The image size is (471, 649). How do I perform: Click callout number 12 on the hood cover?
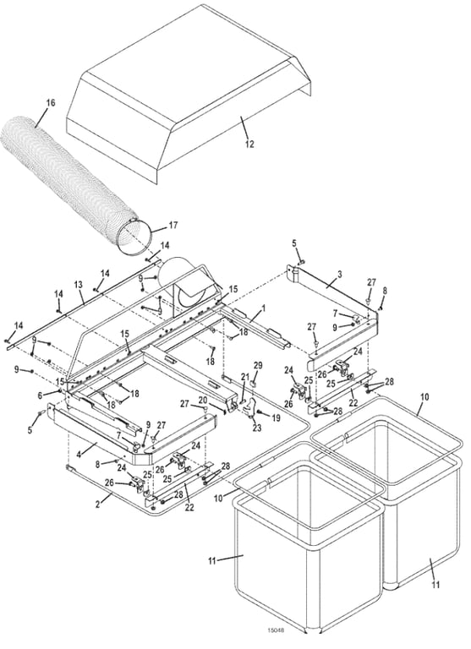[249, 144]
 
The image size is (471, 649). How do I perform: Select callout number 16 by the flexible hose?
[50, 102]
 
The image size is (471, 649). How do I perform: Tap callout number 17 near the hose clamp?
[173, 226]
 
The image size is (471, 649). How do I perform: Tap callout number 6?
[40, 395]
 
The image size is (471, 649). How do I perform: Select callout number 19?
[276, 417]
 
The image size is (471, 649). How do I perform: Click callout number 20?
[202, 400]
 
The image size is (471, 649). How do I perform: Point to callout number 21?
[246, 376]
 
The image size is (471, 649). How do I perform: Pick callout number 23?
[255, 428]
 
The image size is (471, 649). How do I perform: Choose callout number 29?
[259, 364]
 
